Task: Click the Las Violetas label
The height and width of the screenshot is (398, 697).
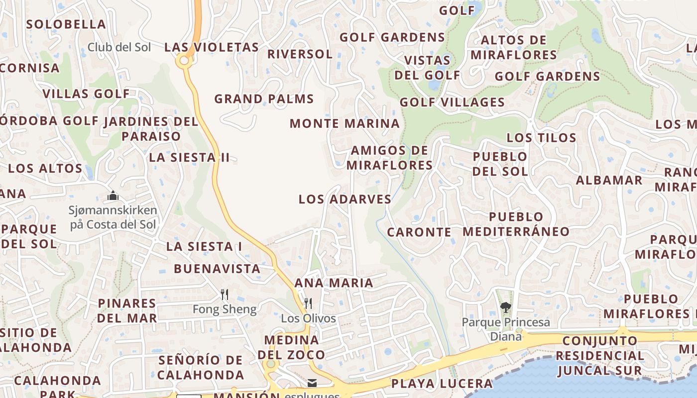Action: (212, 47)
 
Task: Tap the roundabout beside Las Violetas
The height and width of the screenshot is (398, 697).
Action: (184, 61)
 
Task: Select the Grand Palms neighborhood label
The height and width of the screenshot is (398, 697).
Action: (264, 99)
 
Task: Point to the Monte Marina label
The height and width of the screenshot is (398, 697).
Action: (345, 123)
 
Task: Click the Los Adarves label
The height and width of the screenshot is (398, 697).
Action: (345, 199)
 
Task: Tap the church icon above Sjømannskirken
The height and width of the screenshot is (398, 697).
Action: (113, 196)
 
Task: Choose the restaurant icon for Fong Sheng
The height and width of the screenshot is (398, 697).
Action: (225, 295)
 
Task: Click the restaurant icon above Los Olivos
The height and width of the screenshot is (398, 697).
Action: (308, 303)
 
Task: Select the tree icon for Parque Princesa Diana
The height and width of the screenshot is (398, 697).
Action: (506, 307)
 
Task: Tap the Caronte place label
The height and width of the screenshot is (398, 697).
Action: (419, 232)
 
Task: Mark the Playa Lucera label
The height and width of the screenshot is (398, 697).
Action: (442, 384)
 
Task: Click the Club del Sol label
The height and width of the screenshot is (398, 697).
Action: (119, 47)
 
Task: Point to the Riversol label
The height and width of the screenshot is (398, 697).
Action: (300, 54)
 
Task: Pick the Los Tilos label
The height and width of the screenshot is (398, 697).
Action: (541, 138)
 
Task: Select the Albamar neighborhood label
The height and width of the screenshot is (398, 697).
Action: (609, 180)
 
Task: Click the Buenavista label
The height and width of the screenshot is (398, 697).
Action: (217, 269)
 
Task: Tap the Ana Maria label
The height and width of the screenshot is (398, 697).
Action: (334, 283)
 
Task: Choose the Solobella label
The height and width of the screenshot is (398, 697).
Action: (66, 24)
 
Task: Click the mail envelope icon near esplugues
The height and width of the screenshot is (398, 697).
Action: (312, 383)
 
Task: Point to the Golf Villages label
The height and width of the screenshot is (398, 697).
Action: (452, 102)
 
